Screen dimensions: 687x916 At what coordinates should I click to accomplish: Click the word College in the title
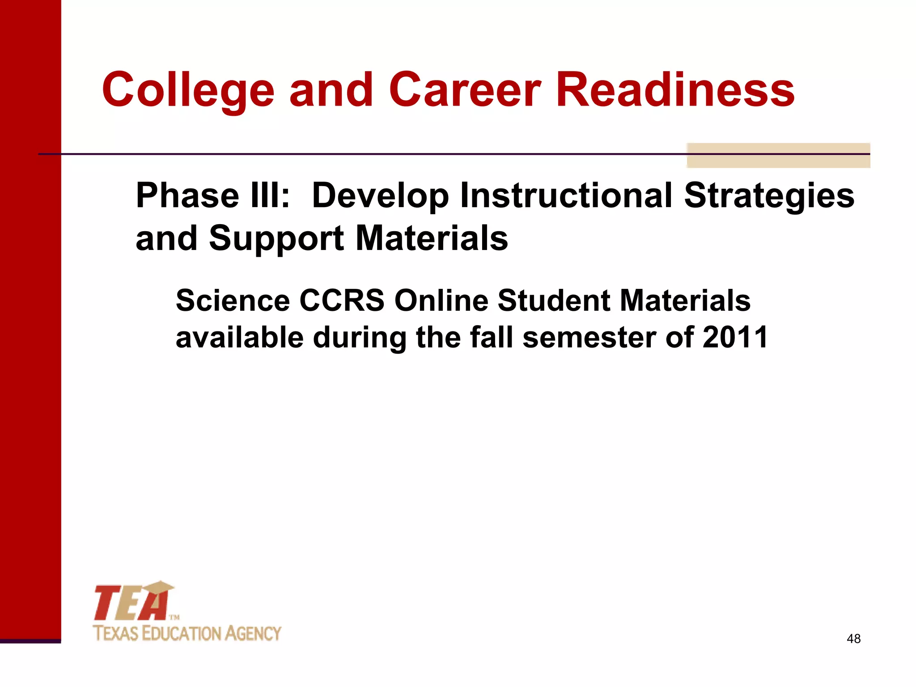pos(188,92)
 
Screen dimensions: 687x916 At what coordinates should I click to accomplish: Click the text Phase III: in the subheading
pos(213,196)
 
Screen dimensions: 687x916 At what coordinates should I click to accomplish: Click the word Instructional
pos(566,196)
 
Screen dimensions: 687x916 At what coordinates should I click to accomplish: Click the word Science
pos(233,300)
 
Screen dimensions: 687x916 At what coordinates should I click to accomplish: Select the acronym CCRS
pos(342,300)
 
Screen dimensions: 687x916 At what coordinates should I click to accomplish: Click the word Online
pos(441,300)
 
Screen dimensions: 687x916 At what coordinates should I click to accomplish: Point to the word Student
pos(554,300)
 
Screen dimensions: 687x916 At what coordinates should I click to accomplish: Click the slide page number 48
pos(853,639)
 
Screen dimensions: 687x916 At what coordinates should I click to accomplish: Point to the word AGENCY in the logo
pos(253,634)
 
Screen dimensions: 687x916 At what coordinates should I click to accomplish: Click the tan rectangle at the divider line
pos(778,155)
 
